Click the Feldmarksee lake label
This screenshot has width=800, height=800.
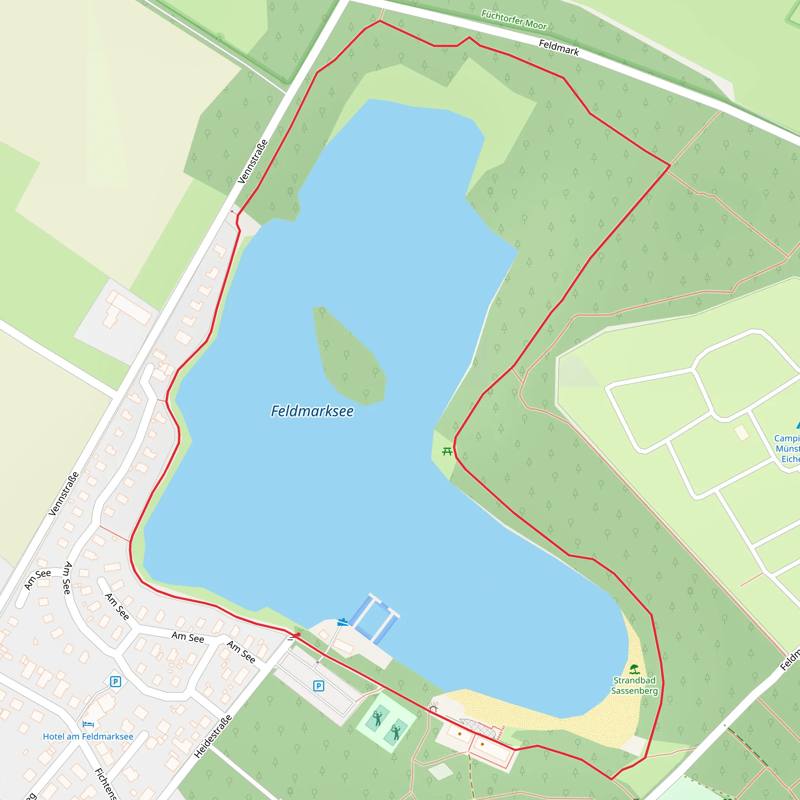[312, 411]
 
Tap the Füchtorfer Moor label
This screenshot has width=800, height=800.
[514, 20]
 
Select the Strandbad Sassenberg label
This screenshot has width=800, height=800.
[634, 685]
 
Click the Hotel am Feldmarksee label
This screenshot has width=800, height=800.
[88, 736]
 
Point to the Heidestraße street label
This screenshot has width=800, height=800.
[213, 736]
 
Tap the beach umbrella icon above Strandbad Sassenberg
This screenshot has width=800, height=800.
[634, 669]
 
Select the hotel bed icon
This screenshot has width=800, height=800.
[88, 724]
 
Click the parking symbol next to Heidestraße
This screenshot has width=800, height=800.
[318, 686]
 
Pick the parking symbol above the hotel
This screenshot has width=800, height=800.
[116, 682]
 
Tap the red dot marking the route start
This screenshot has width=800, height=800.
[298, 634]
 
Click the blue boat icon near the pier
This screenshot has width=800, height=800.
[343, 622]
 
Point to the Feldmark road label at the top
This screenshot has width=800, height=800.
[559, 47]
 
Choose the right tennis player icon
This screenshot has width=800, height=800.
[396, 732]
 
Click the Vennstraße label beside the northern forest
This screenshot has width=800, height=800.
[253, 162]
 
